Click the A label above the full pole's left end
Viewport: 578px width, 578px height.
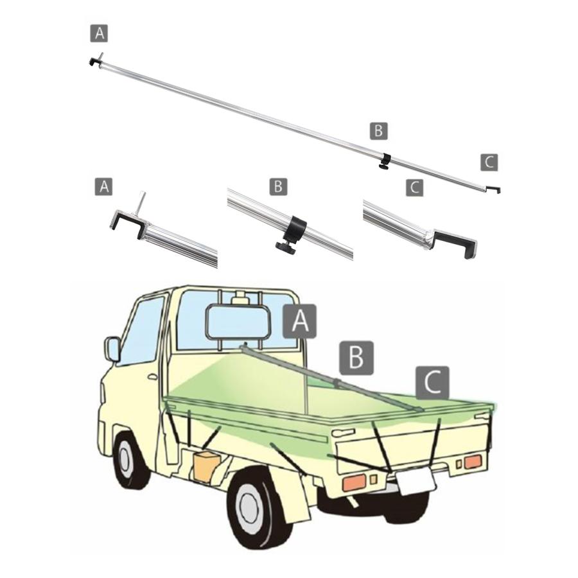99,33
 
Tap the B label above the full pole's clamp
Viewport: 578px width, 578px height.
378,131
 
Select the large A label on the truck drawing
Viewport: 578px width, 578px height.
300,321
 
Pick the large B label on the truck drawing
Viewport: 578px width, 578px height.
356,358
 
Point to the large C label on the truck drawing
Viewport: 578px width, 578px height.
432,383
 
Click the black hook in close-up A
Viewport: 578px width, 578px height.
127,223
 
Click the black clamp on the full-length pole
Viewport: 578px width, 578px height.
386,162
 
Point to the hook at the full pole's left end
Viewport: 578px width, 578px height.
94,62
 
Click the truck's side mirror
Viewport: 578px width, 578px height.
113,349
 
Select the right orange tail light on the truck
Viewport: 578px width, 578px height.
473,462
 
